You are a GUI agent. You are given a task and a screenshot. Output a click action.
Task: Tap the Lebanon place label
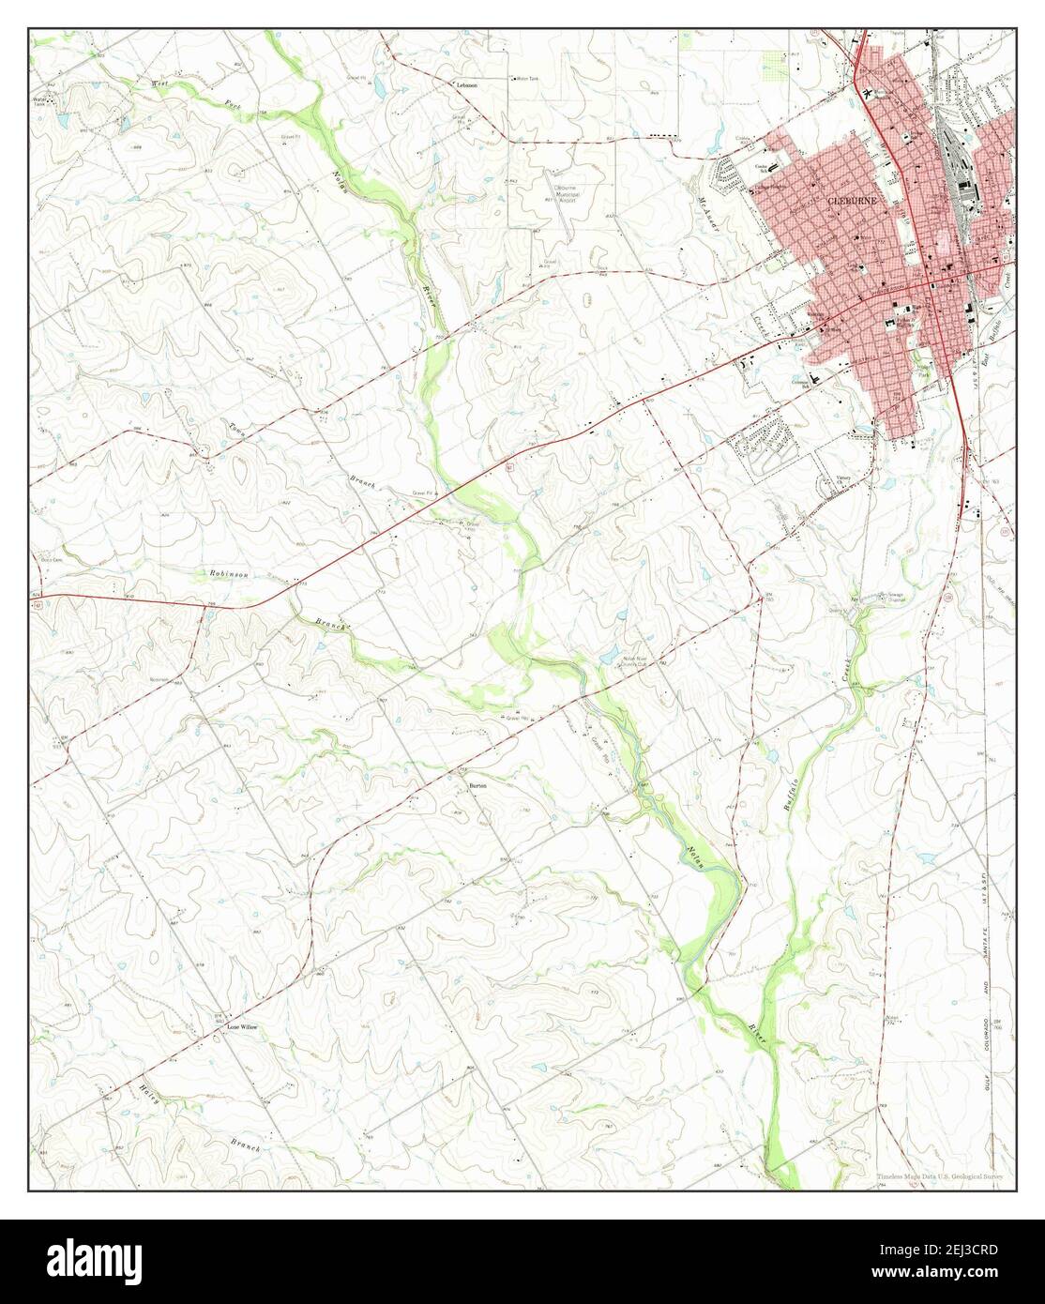[467, 84]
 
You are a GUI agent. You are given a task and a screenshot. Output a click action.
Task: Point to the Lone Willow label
[242, 1027]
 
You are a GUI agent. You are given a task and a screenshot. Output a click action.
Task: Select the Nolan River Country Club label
[637, 660]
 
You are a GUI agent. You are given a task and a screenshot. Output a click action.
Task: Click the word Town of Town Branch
[235, 428]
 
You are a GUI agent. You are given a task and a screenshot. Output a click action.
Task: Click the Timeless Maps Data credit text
[939, 1178]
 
